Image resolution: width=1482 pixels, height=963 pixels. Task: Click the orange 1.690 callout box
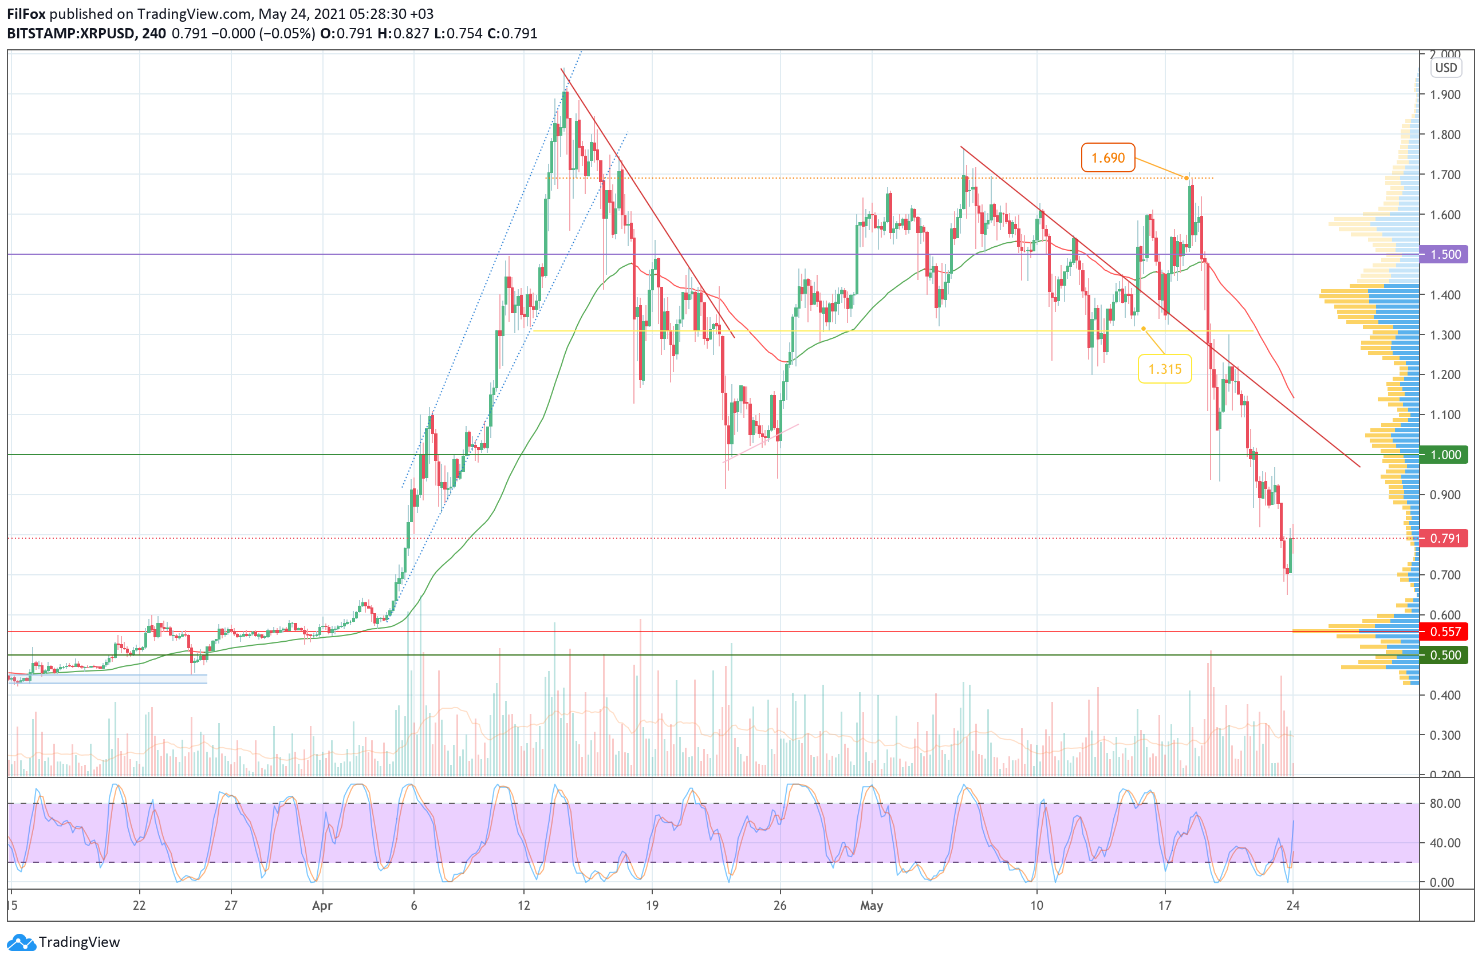[x=1107, y=157]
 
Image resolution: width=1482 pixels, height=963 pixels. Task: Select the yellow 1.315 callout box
[x=1164, y=369]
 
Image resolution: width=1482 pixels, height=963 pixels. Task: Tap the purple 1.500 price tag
[x=1444, y=254]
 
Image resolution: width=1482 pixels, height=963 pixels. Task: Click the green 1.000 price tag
[x=1444, y=455]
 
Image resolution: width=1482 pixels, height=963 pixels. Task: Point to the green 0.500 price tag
[x=1444, y=655]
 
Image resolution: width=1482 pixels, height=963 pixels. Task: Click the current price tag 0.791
[x=1444, y=538]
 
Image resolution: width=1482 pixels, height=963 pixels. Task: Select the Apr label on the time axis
[x=322, y=906]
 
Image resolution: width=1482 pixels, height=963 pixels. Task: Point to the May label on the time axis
[x=871, y=906]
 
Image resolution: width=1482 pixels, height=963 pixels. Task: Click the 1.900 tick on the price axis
[x=1445, y=94]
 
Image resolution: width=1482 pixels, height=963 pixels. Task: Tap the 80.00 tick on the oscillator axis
[x=1445, y=803]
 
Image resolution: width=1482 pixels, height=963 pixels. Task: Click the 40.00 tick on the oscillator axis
[x=1445, y=843]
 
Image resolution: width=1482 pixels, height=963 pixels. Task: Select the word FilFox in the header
[x=26, y=14]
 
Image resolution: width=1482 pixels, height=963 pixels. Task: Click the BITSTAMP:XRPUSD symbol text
[x=70, y=34]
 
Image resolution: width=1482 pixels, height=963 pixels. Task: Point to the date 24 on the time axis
[x=1292, y=906]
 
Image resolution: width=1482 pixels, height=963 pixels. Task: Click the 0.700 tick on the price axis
[x=1445, y=575]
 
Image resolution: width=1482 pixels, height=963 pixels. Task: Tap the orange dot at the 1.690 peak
[x=1186, y=179]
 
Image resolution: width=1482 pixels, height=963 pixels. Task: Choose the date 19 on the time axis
[x=652, y=906]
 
